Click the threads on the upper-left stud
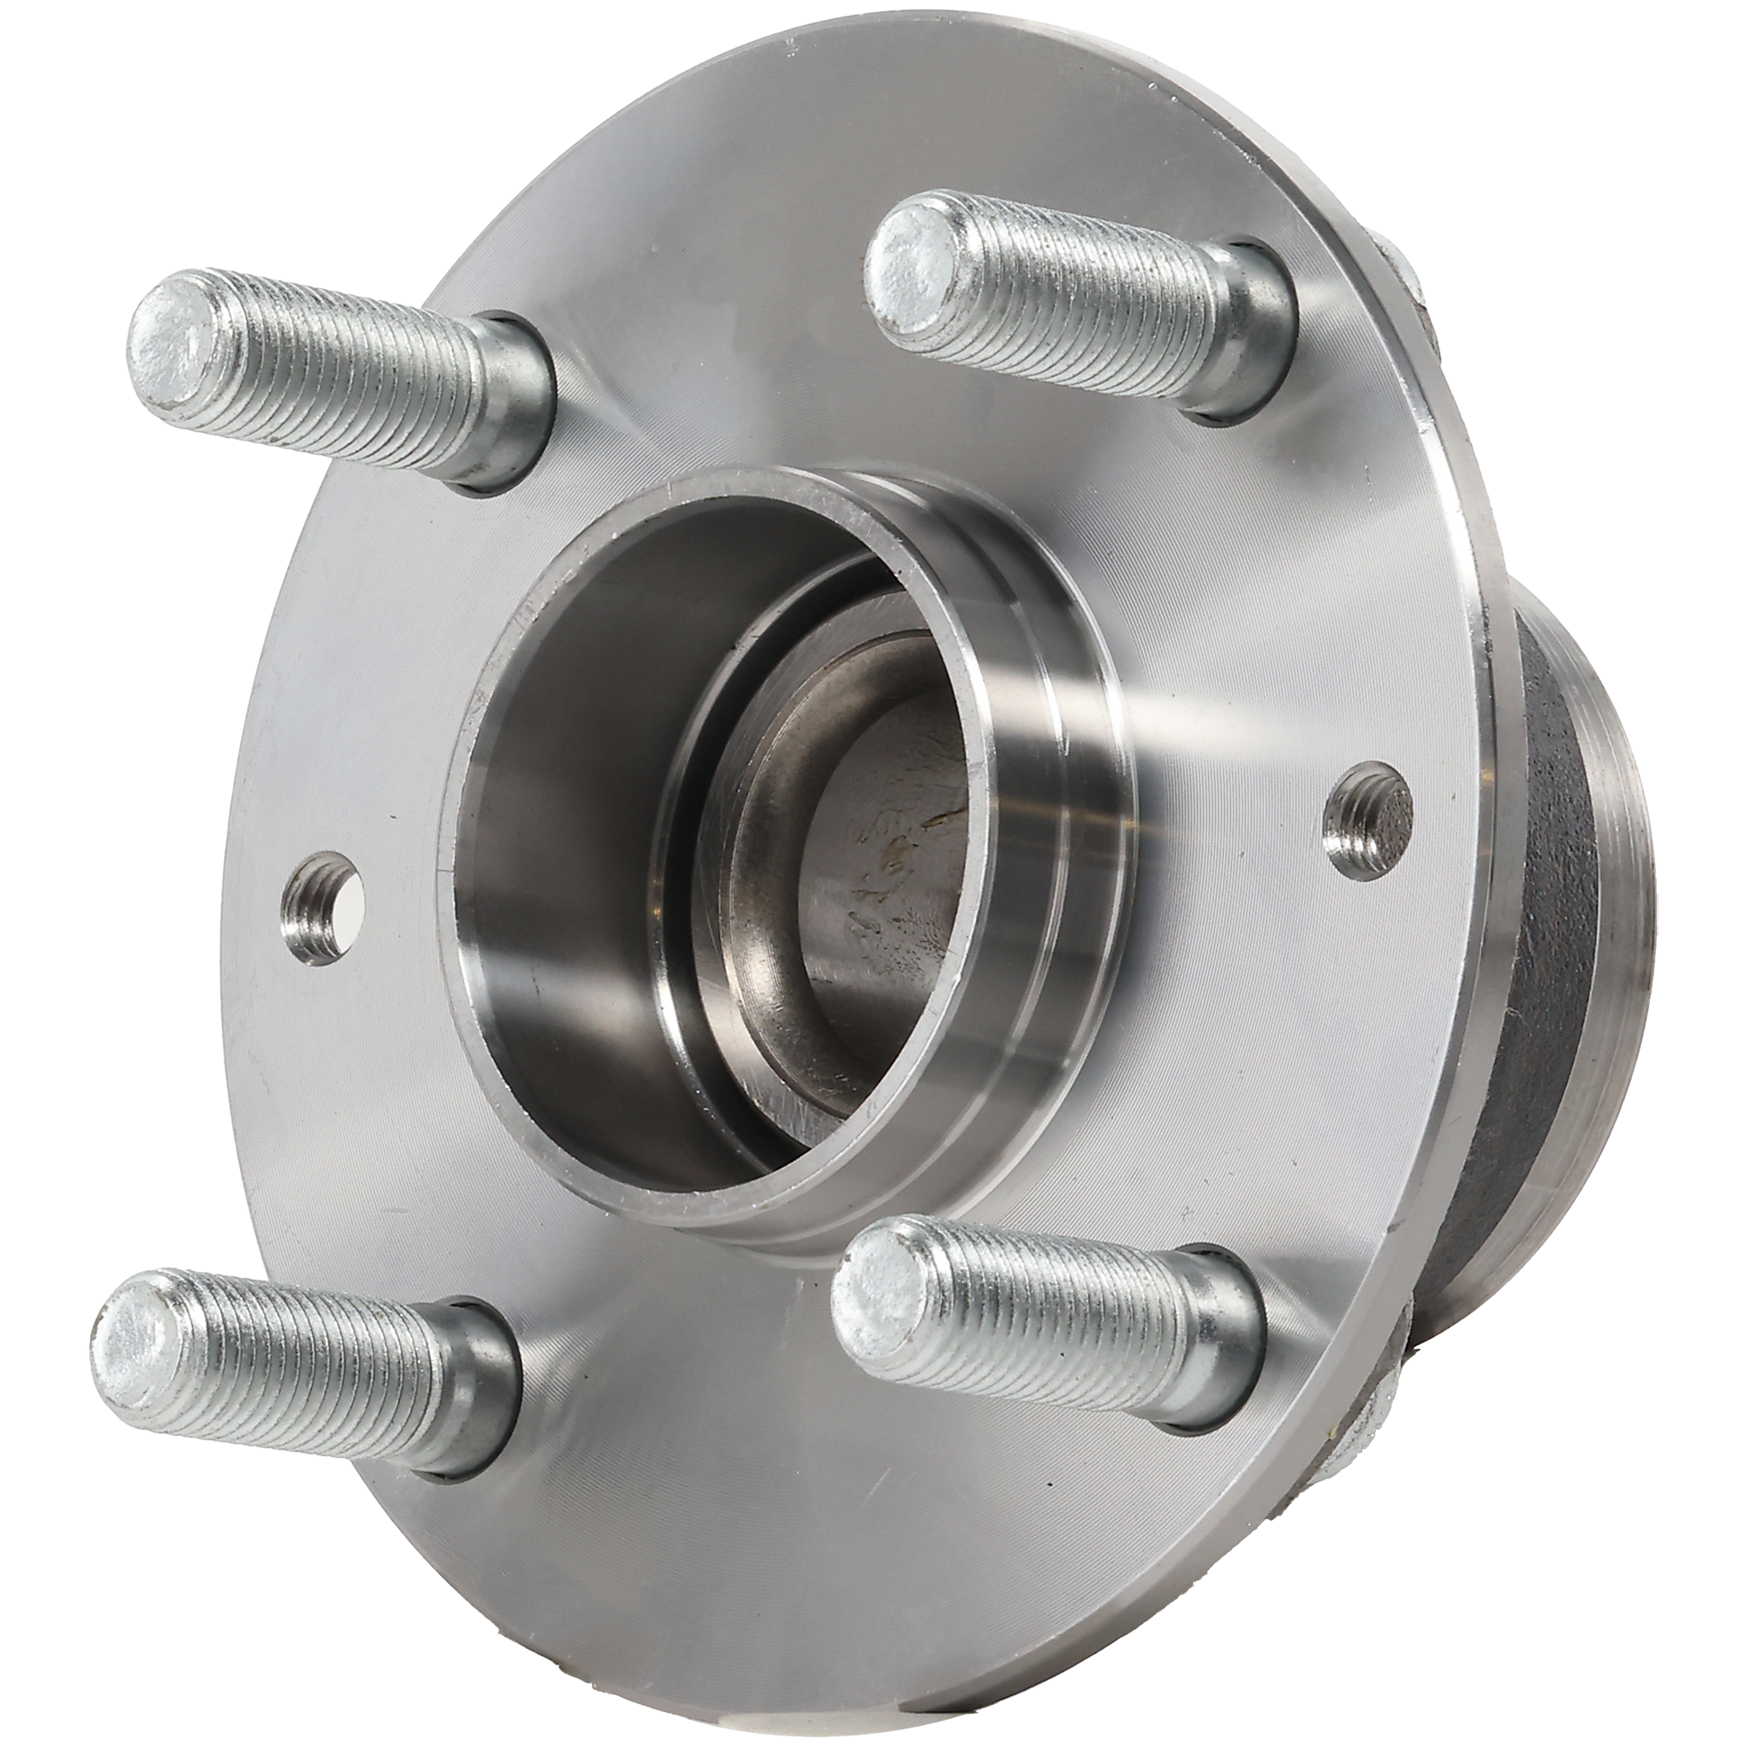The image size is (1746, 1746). [x=353, y=380]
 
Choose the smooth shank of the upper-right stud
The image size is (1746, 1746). [x=1248, y=370]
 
